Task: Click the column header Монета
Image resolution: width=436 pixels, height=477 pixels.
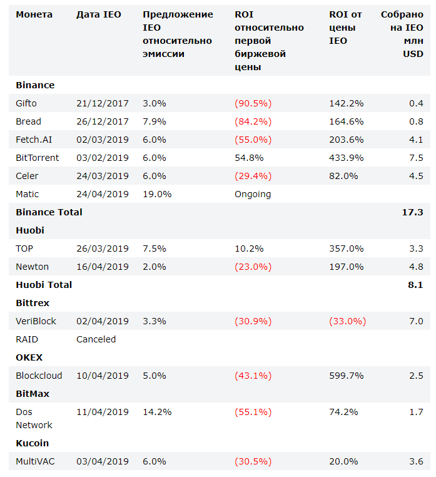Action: pyautogui.click(x=34, y=14)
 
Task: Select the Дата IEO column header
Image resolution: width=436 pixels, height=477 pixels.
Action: pyautogui.click(x=98, y=14)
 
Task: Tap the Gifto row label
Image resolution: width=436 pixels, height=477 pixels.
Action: pyautogui.click(x=26, y=103)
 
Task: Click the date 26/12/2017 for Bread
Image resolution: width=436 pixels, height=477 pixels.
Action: pyautogui.click(x=103, y=121)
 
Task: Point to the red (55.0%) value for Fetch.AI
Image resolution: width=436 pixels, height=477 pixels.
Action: pyautogui.click(x=253, y=140)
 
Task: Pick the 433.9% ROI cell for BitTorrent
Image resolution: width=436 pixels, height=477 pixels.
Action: pyautogui.click(x=346, y=158)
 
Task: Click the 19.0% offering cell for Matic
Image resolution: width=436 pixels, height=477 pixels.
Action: pyautogui.click(x=157, y=194)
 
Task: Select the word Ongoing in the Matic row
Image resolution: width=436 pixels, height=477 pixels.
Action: pyautogui.click(x=253, y=194)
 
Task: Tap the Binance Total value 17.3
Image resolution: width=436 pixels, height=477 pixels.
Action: pyautogui.click(x=412, y=212)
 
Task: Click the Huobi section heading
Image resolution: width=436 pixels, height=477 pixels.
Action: pyautogui.click(x=29, y=230)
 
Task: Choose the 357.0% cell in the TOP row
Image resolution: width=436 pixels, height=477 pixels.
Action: pyautogui.click(x=347, y=249)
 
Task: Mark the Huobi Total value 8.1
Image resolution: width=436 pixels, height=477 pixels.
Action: pyautogui.click(x=415, y=285)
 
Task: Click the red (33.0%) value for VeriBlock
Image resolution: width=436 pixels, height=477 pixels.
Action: pyautogui.click(x=347, y=321)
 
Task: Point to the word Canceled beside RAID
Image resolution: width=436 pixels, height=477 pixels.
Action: pyautogui.click(x=96, y=339)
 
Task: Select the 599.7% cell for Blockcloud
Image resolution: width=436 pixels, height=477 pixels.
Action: pyautogui.click(x=346, y=376)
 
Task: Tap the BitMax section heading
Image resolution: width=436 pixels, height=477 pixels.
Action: pyautogui.click(x=33, y=394)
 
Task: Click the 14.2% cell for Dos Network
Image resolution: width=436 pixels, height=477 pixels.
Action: pyautogui.click(x=157, y=412)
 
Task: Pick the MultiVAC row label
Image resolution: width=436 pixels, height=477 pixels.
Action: pyautogui.click(x=36, y=461)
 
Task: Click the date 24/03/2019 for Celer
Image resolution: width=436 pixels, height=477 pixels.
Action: pyautogui.click(x=103, y=176)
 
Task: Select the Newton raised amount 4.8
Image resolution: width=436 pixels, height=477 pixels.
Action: pyautogui.click(x=415, y=267)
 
